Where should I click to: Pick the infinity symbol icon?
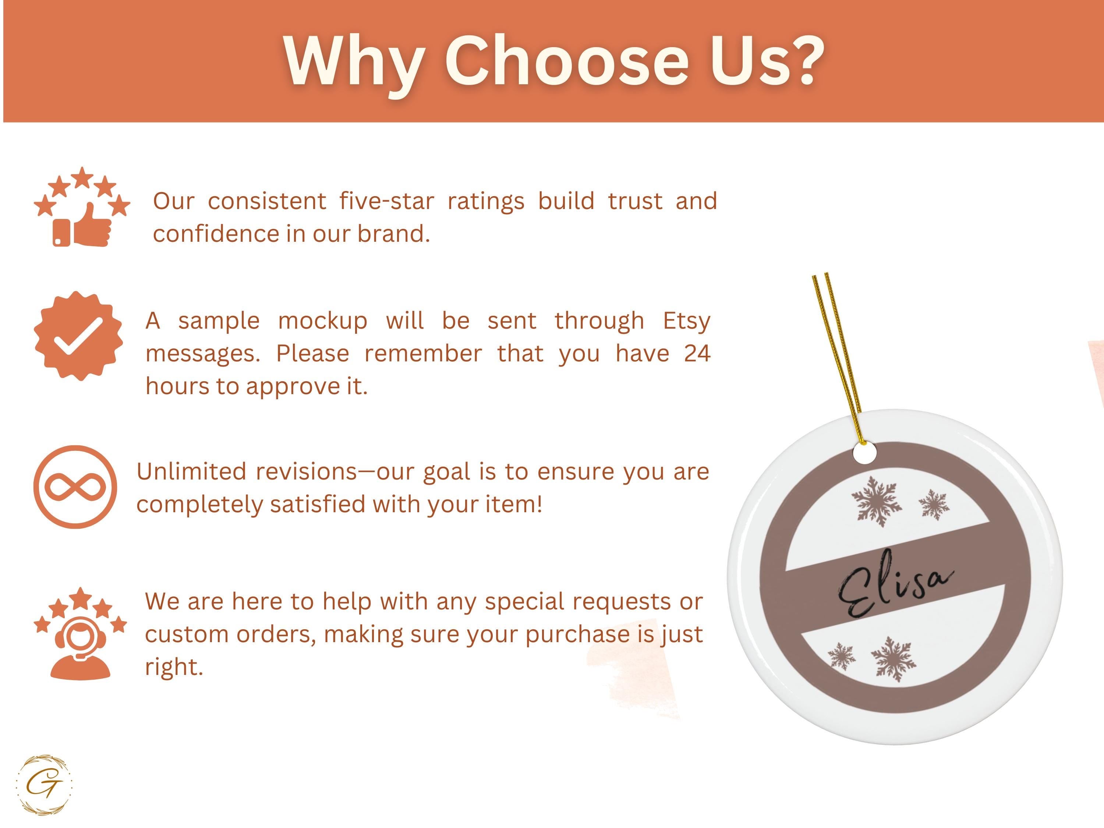75,487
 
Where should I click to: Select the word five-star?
387,201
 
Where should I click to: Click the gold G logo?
44,785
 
